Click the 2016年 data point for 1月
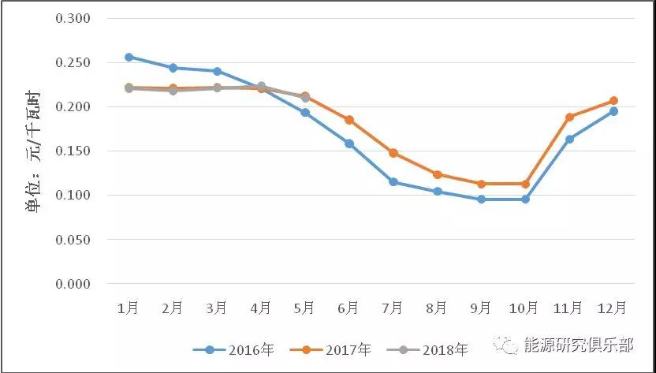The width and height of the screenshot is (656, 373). click(x=129, y=57)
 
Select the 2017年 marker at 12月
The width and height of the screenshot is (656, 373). click(x=613, y=100)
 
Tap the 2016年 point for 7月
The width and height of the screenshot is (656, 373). click(x=393, y=182)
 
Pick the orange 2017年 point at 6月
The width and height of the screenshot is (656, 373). click(x=348, y=120)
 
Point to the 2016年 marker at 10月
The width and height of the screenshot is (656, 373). click(x=525, y=200)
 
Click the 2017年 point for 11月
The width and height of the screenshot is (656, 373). click(x=569, y=117)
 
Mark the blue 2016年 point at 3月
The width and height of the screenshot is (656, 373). click(x=217, y=71)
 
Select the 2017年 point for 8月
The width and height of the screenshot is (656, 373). click(x=437, y=174)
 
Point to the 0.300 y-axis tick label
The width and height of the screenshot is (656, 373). click(x=73, y=18)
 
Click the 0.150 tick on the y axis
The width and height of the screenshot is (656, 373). click(x=73, y=151)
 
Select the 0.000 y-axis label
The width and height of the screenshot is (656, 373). click(x=73, y=284)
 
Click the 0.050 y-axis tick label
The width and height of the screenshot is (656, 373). click(x=73, y=240)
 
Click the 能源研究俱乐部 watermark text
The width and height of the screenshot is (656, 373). click(x=579, y=345)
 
